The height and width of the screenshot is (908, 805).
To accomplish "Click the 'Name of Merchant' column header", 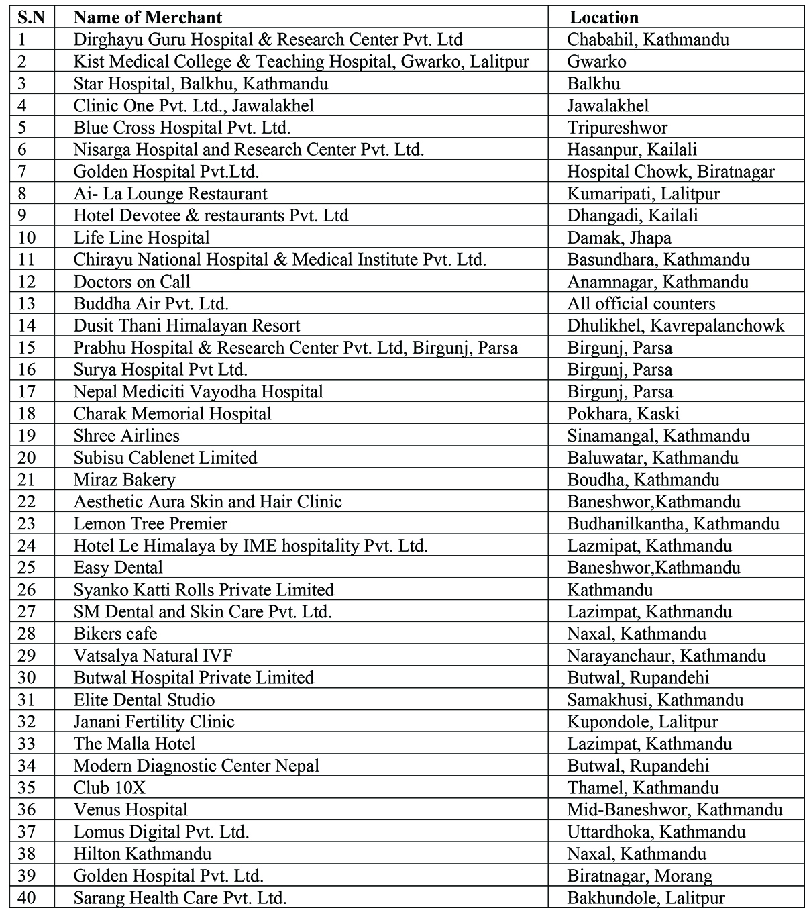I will click(148, 17).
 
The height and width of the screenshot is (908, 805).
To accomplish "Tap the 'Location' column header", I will click(604, 17).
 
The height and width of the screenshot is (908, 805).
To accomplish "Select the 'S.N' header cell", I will click(32, 17).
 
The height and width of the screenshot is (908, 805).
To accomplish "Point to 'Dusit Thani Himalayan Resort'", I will click(186, 325).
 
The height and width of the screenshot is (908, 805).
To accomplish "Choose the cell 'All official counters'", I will click(641, 303).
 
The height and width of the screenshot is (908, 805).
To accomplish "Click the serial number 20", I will click(27, 458).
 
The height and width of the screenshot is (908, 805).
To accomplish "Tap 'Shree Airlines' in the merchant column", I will click(126, 436).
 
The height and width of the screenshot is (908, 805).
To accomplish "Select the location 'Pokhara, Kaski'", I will click(623, 413).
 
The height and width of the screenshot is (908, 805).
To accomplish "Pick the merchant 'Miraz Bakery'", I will click(124, 480).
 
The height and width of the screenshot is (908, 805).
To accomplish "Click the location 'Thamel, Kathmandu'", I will click(642, 788).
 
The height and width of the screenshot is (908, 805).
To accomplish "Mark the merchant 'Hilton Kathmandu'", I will click(142, 854).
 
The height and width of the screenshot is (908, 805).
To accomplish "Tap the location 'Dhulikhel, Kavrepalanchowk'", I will click(675, 325).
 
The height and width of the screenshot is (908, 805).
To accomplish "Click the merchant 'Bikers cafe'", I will click(115, 634).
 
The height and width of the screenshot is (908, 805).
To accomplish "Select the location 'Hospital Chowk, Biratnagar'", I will click(670, 172).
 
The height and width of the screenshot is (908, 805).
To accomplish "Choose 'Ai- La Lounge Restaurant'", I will click(170, 194).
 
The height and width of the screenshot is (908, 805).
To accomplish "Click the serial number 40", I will click(27, 898).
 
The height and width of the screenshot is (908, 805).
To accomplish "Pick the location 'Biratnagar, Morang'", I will click(639, 876).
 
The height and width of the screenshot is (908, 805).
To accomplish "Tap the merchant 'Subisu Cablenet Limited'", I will click(165, 458).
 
